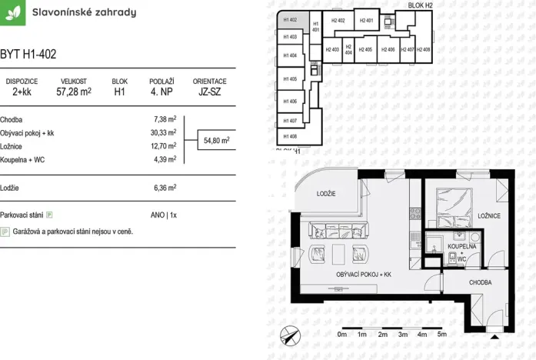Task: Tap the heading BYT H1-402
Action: click(x=28, y=54)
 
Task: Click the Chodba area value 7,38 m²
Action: click(x=165, y=119)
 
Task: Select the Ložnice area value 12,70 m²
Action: click(x=165, y=145)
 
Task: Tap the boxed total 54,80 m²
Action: click(x=216, y=141)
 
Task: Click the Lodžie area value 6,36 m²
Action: click(x=165, y=187)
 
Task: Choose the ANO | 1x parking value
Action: click(x=163, y=215)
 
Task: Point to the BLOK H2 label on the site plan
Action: click(x=420, y=5)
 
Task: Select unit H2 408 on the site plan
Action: click(x=424, y=49)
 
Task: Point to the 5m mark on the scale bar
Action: click(x=441, y=335)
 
